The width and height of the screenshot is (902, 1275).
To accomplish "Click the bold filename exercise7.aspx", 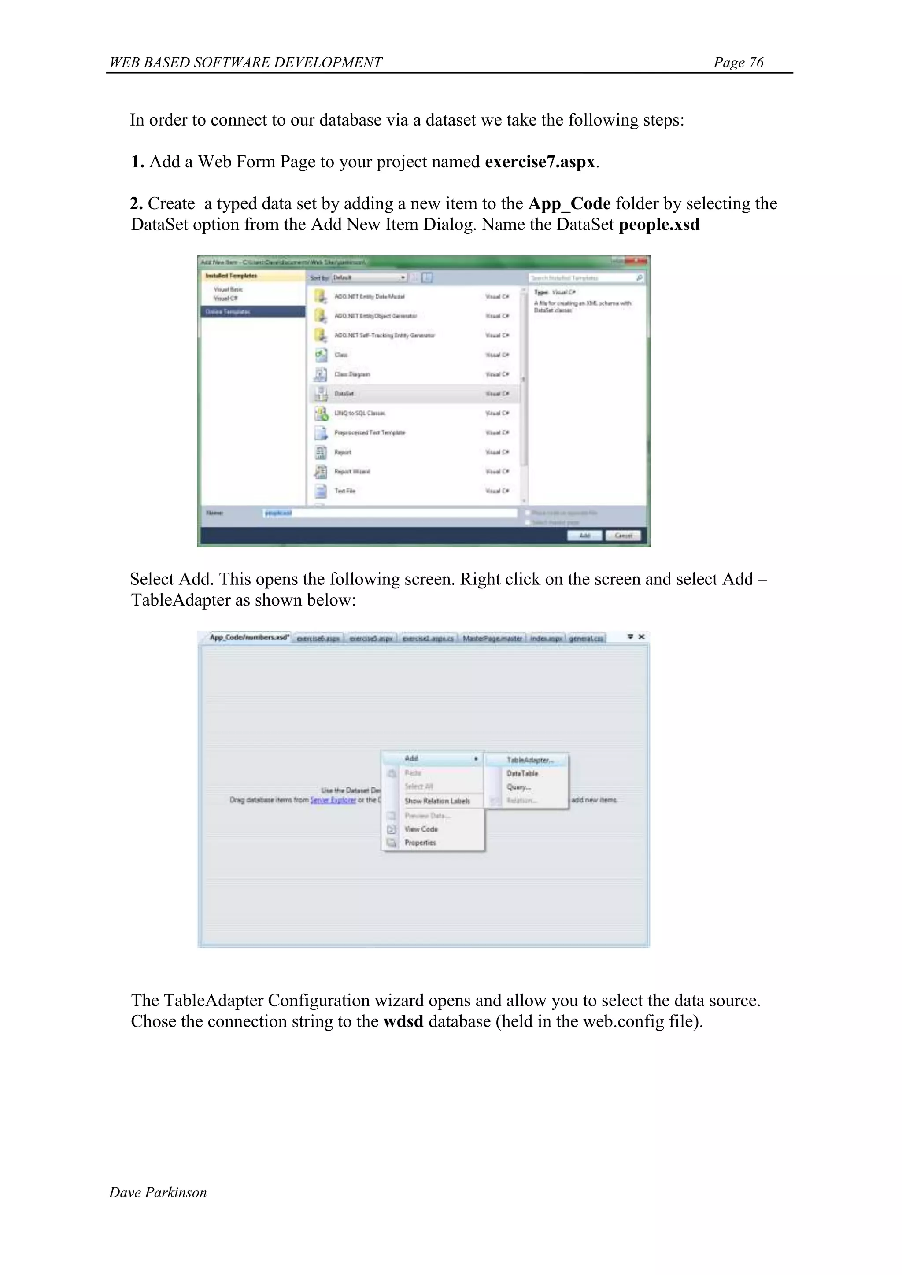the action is pyautogui.click(x=540, y=162).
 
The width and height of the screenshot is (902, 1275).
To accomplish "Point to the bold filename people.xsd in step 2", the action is pyautogui.click(x=659, y=225).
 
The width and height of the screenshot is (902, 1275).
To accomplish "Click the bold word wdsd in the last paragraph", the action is pyautogui.click(x=403, y=1021).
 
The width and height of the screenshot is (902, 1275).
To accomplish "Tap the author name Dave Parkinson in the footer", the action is pyautogui.click(x=158, y=1192).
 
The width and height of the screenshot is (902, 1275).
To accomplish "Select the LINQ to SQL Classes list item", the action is pyautogui.click(x=359, y=413).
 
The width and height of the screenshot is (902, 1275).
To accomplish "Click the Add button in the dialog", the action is pyautogui.click(x=584, y=535).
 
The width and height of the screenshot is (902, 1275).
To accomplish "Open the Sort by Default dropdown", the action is pyautogui.click(x=370, y=277).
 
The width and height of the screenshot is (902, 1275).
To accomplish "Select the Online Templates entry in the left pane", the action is pyautogui.click(x=253, y=311).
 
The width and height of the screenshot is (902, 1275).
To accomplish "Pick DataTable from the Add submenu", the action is pyautogui.click(x=522, y=773).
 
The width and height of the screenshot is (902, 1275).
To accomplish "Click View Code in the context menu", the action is pyautogui.click(x=421, y=829).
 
